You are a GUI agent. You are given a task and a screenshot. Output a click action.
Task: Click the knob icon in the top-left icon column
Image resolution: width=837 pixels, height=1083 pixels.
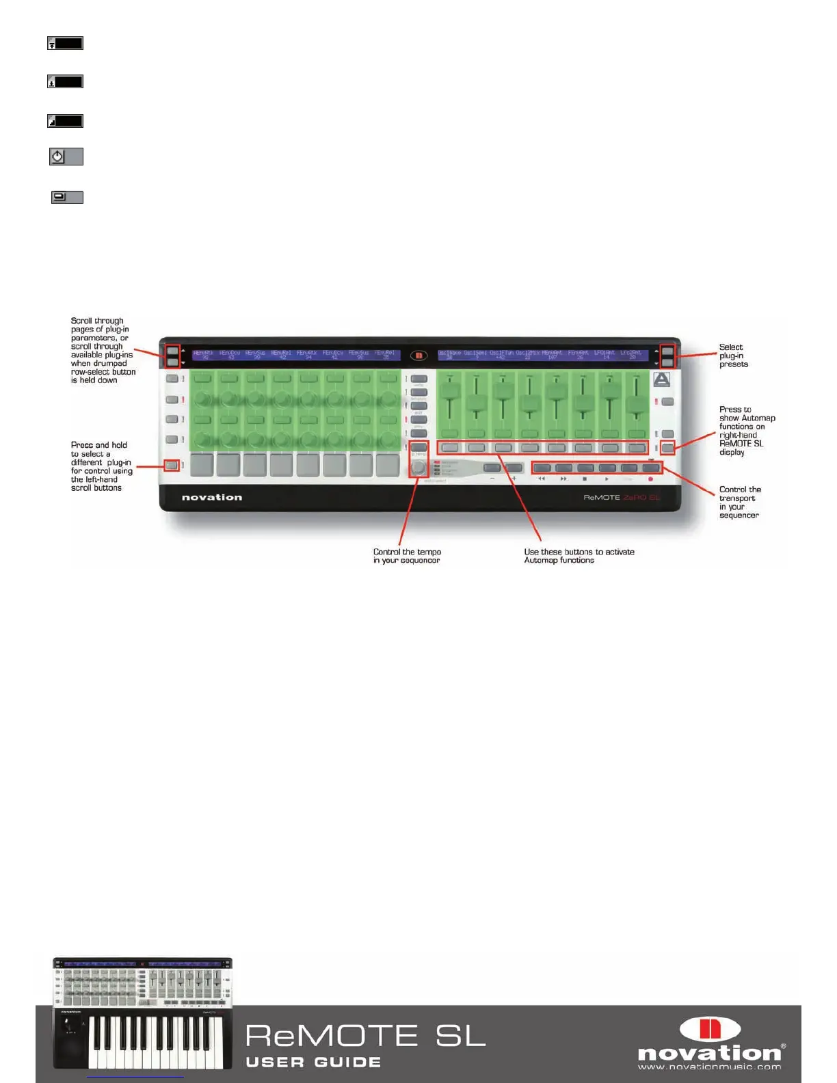(58, 157)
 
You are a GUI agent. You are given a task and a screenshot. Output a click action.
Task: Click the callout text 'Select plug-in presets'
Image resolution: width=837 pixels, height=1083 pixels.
(733, 356)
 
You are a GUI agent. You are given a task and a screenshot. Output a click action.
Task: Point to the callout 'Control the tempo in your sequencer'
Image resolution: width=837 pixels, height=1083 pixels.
(407, 556)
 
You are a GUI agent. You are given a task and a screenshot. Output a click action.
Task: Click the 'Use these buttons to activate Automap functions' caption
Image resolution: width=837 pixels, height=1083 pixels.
(579, 556)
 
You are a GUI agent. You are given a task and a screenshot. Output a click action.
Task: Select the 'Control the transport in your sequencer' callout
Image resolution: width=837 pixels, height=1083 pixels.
(739, 503)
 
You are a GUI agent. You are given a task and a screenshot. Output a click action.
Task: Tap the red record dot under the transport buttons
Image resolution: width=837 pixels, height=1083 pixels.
(650, 479)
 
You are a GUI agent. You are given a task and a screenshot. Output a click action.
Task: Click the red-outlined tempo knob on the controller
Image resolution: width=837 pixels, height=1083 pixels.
(418, 467)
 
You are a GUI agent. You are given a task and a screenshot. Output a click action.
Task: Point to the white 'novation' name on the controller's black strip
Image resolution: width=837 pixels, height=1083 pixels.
(212, 497)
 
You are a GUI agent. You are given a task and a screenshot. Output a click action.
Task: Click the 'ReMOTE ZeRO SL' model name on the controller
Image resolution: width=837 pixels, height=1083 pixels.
(622, 497)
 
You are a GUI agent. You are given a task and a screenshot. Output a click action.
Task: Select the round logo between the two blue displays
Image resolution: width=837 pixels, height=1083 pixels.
(418, 355)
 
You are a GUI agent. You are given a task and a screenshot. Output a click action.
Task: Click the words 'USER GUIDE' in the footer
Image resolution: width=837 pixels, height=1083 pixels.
(313, 1062)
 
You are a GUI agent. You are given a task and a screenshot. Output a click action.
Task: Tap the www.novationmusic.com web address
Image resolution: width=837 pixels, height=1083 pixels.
(709, 1067)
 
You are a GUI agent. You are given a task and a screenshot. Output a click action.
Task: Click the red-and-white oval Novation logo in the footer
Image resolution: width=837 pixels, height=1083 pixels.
(709, 1030)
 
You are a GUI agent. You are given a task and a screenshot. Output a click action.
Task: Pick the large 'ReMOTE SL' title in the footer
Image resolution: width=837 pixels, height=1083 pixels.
(365, 1036)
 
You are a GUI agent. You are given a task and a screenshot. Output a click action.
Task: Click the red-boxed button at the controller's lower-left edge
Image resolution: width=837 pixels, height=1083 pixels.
(172, 466)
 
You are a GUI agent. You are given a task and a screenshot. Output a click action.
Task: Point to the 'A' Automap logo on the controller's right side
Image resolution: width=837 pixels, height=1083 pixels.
(661, 379)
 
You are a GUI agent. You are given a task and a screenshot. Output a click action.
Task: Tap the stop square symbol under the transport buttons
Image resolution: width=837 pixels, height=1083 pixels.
(585, 479)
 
